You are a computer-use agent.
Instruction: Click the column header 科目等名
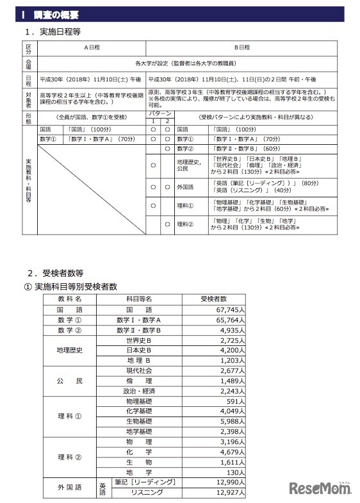click(138, 299)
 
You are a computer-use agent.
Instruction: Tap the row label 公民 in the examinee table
click(70, 381)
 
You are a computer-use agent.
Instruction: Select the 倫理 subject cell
click(138, 381)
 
